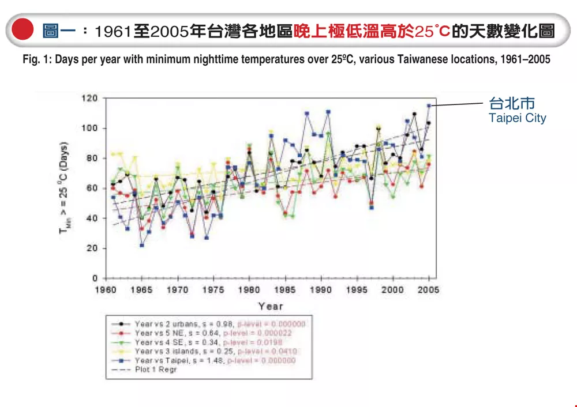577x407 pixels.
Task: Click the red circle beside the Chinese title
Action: pos(23,29)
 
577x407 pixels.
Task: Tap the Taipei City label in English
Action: pos(517,118)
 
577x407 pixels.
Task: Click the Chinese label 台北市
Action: pos(512,104)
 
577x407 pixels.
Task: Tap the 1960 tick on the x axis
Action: pos(106,290)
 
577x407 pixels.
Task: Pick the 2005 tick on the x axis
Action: pos(429,290)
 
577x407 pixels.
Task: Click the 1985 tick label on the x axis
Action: pos(285,290)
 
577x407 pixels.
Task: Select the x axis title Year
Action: pos(270,306)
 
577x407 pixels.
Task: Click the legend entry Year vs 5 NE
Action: pos(162,333)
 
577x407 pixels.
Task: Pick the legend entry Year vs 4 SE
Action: pos(162,342)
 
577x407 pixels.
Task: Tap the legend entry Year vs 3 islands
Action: pos(167,351)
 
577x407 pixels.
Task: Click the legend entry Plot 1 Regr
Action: pos(156,370)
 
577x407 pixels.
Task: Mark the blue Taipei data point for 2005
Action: pos(429,105)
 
